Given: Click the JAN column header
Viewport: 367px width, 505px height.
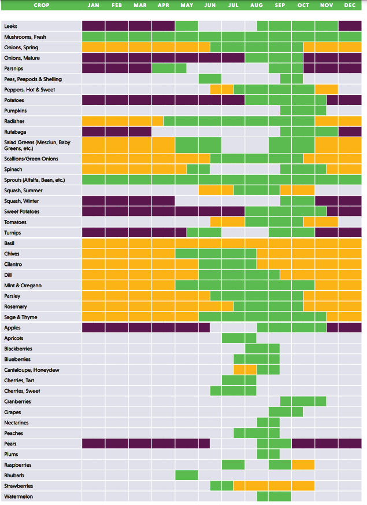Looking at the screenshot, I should [94, 5].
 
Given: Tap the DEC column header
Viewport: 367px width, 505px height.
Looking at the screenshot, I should [350, 5].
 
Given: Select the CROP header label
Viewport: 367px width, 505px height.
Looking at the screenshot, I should [41, 5].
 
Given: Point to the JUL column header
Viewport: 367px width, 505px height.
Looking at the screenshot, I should [233, 5].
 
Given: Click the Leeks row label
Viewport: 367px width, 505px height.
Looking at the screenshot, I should [10, 27].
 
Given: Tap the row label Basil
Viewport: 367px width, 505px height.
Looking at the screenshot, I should [9, 243].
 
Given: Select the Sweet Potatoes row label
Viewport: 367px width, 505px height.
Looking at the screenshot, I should [22, 211].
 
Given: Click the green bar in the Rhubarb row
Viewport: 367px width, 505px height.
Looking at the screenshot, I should [187, 475].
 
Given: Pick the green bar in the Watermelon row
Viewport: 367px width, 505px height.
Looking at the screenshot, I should [274, 496].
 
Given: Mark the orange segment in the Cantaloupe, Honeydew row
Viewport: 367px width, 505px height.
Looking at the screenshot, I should [245, 370].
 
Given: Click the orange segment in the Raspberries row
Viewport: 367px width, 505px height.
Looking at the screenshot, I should [303, 465].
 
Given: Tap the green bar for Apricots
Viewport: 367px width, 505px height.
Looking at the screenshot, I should [239, 338].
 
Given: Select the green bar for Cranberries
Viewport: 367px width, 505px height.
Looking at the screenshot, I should [303, 401].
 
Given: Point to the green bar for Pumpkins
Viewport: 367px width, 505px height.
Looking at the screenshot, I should [303, 111].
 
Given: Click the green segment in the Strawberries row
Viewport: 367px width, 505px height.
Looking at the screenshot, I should [221, 486].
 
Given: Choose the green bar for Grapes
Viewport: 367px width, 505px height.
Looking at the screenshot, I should [286, 412].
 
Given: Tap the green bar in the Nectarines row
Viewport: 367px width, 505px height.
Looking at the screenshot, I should [268, 423].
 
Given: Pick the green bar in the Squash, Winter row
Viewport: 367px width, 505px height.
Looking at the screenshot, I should [297, 201].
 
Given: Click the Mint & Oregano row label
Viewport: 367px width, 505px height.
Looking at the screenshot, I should [23, 286].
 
